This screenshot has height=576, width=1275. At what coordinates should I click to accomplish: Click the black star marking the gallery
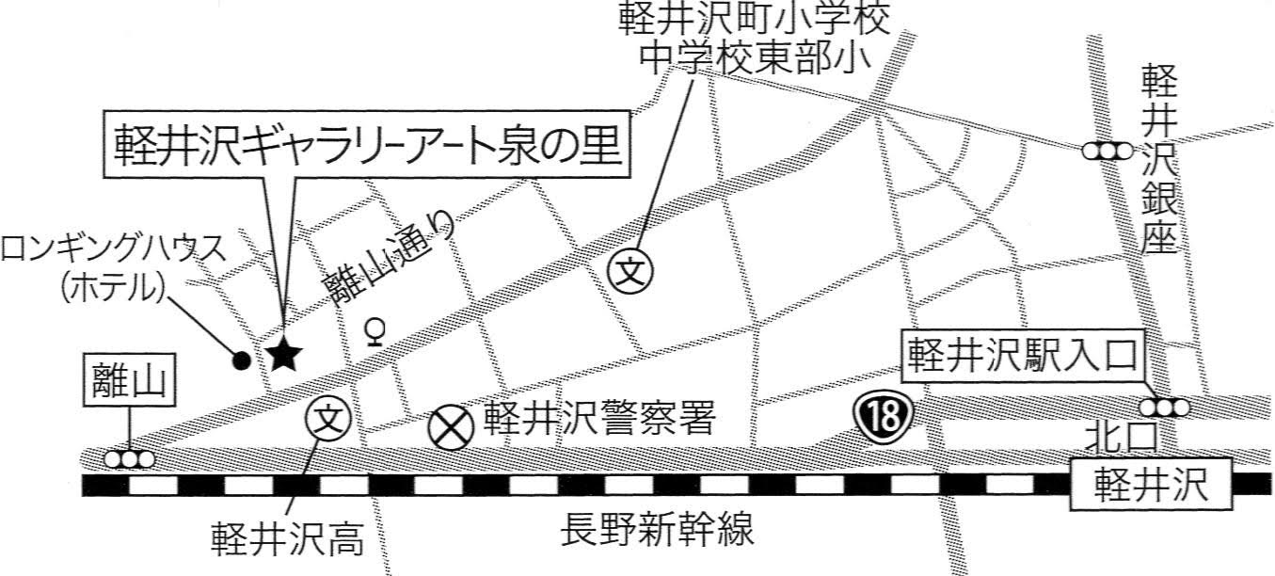(283, 355)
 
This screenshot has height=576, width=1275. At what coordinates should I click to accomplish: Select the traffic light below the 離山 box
(129, 459)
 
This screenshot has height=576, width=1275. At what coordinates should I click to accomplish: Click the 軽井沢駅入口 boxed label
(1024, 353)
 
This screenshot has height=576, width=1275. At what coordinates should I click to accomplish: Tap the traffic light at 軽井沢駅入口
(1165, 408)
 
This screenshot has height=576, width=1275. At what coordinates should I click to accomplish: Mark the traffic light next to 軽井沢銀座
(1106, 151)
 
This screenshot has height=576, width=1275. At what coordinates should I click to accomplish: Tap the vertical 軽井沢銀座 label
(1159, 160)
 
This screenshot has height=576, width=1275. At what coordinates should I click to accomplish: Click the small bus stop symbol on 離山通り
(375, 332)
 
